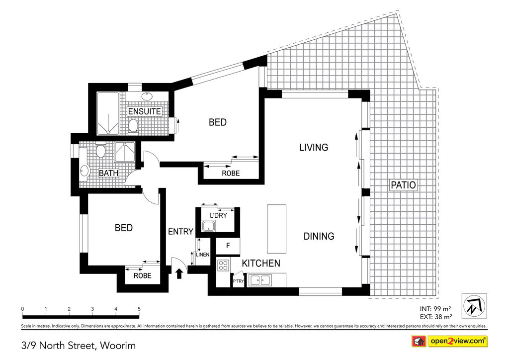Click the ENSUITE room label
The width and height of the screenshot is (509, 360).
click(145, 111)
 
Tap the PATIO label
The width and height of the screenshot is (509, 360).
click(403, 185)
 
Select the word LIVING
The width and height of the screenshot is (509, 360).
click(314, 147)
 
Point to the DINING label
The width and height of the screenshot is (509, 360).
click(319, 236)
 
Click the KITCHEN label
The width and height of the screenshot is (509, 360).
click(261, 263)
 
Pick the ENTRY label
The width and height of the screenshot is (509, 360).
click(180, 231)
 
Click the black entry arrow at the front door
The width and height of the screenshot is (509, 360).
click(179, 273)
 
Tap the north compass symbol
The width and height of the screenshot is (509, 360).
click(474, 306)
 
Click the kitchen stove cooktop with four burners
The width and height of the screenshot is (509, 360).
click(223, 265)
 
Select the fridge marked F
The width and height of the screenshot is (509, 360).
click(228, 246)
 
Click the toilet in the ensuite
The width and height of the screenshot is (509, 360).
click(133, 126)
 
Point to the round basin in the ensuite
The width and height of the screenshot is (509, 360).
click(147, 96)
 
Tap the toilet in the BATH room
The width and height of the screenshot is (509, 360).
click(101, 151)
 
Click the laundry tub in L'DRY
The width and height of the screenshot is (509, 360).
click(209, 226)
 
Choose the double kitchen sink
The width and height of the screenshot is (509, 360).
click(260, 280)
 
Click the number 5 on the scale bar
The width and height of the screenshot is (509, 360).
click(139, 309)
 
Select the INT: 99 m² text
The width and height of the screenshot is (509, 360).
click(435, 309)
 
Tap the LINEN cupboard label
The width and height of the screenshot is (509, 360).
click(203, 255)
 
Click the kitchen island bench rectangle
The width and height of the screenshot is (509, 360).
click(276, 229)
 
